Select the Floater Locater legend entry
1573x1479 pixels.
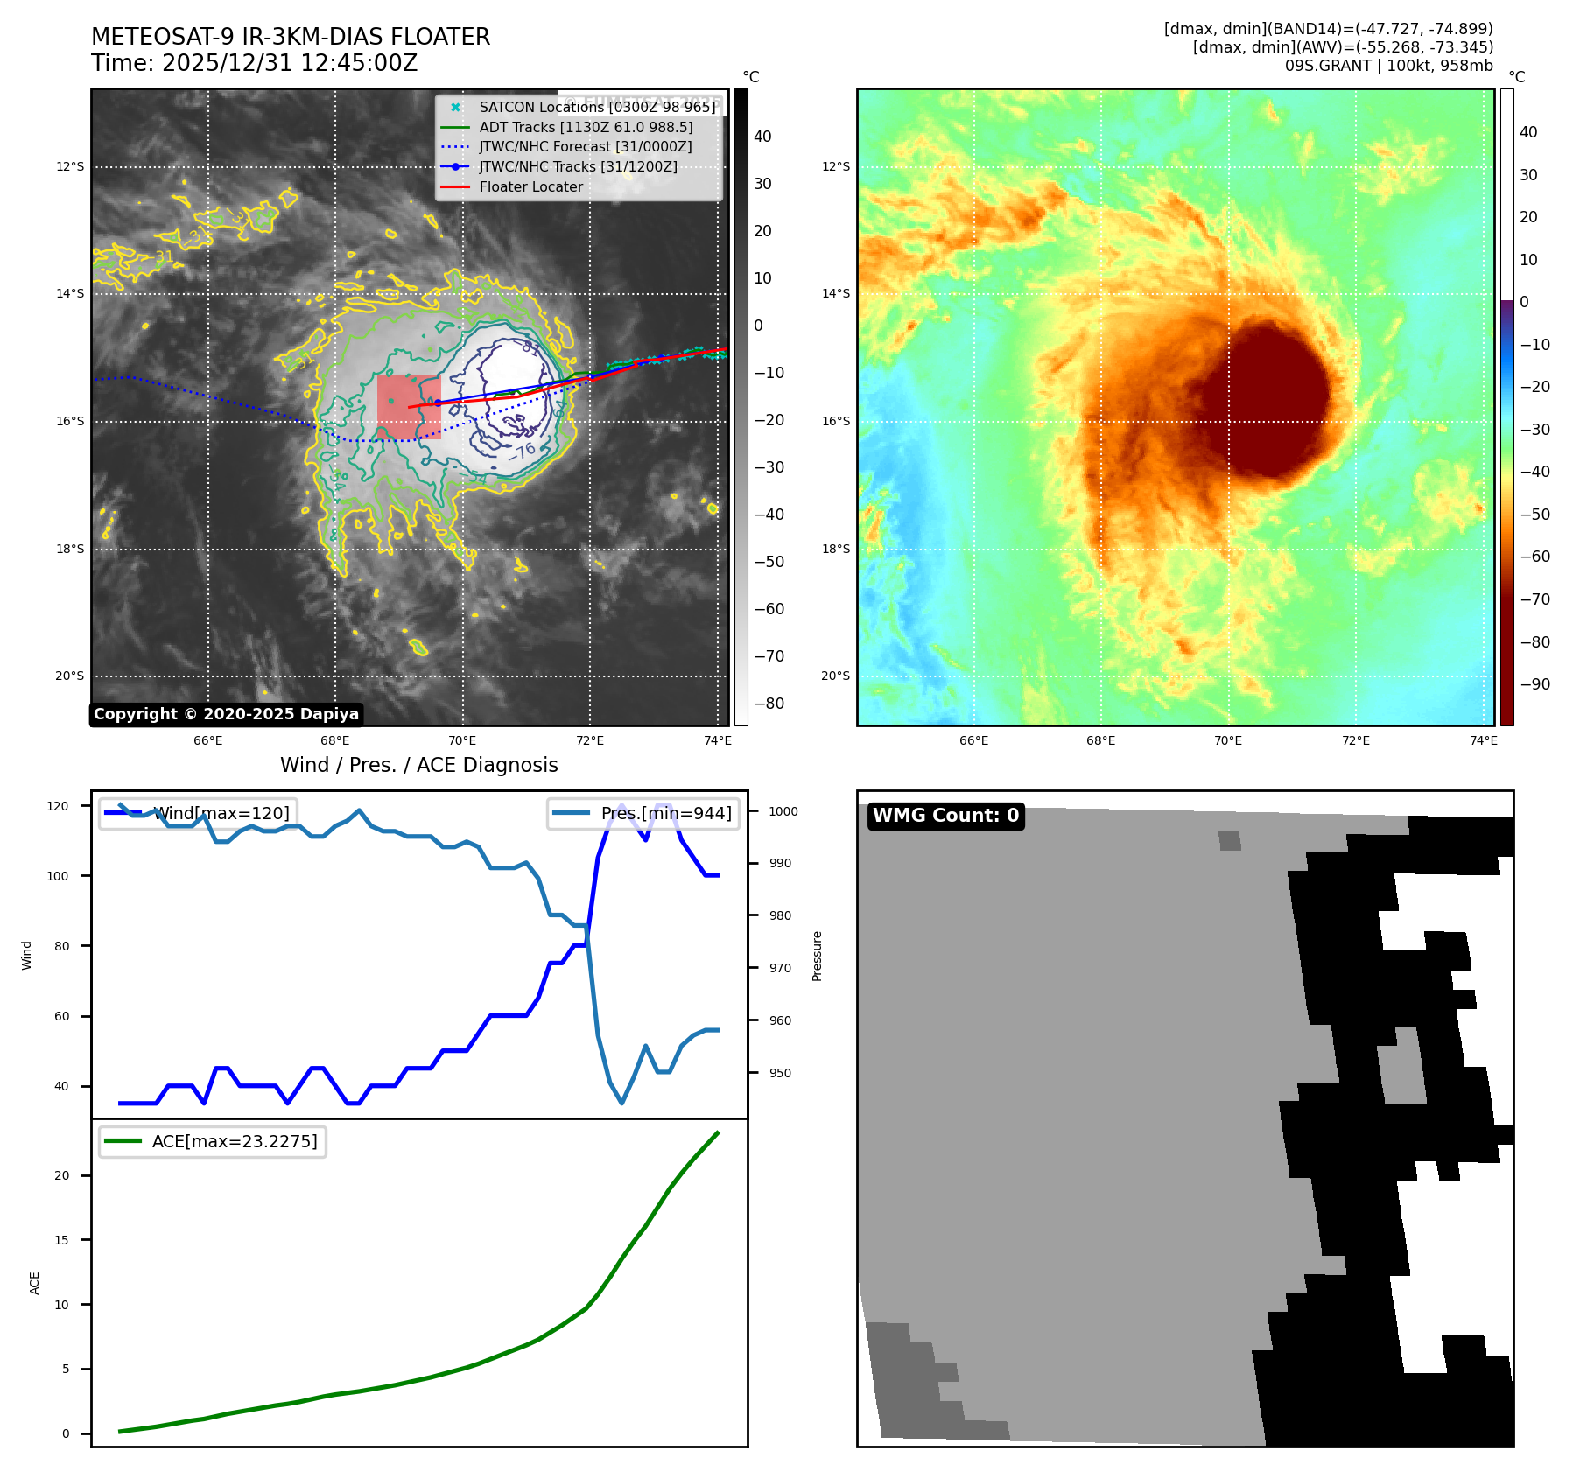tap(530, 186)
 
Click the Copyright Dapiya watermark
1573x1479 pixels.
tap(226, 714)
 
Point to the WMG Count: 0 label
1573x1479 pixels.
tap(945, 816)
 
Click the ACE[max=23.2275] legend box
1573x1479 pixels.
tap(213, 1141)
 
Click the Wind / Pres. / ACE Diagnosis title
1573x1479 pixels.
tap(418, 765)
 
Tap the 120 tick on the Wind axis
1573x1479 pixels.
tap(58, 806)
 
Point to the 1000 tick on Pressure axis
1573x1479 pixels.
tap(783, 811)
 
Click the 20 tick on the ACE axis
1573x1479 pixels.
tap(62, 1175)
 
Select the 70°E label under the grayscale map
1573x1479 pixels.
tap(462, 740)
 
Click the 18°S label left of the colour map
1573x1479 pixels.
tap(835, 549)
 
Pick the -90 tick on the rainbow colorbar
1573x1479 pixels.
tap(1534, 684)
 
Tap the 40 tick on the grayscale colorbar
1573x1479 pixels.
tap(762, 137)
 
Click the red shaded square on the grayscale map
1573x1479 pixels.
tap(409, 407)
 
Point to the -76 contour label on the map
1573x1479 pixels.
tap(522, 452)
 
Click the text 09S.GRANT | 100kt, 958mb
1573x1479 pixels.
tap(1388, 66)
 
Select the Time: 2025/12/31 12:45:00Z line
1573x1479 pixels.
tap(254, 63)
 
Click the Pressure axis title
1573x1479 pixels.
tap(817, 956)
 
